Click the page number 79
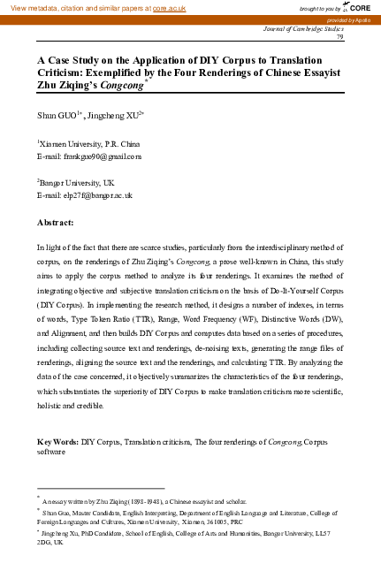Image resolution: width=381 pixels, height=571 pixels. coord(365,36)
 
